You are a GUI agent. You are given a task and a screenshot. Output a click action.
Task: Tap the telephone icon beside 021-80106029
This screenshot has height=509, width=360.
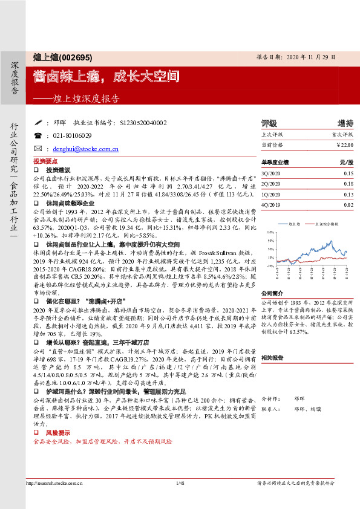(x=38, y=136)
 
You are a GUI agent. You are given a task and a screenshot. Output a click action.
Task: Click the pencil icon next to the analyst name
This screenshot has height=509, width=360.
(x=38, y=123)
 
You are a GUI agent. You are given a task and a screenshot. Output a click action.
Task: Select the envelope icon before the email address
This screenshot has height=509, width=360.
(x=38, y=149)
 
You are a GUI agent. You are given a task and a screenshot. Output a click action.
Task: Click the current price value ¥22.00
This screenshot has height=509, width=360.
(x=344, y=146)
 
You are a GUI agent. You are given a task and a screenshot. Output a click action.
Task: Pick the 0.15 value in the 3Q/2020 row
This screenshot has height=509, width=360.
(x=348, y=173)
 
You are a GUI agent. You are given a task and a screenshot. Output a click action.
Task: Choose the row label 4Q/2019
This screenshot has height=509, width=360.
(x=270, y=206)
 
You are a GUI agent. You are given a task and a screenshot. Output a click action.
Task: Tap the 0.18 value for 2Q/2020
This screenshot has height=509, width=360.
(x=348, y=184)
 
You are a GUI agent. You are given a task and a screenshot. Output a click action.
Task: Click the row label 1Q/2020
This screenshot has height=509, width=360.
(x=270, y=195)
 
